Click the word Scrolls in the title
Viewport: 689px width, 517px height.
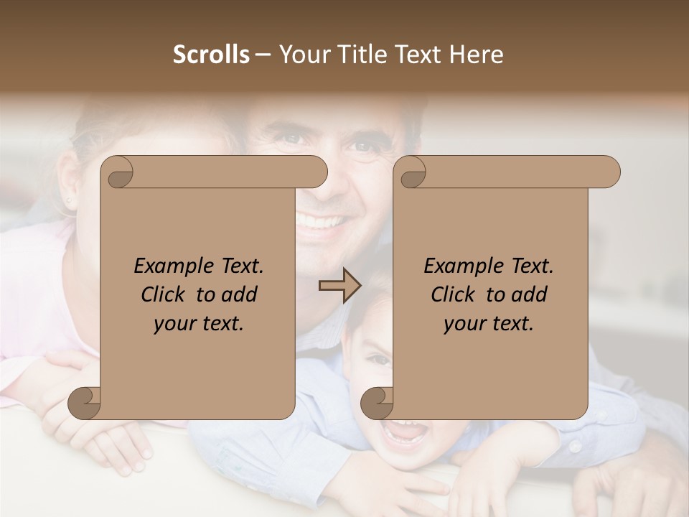(x=212, y=55)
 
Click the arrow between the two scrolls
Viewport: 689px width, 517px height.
(x=339, y=286)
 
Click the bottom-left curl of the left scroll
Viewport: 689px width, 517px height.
(x=84, y=403)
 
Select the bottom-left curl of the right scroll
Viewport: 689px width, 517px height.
(x=377, y=403)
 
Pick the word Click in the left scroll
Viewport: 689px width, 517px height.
(x=157, y=294)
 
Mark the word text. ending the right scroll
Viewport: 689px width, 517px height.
(x=514, y=324)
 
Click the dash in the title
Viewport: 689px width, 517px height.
(x=263, y=55)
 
